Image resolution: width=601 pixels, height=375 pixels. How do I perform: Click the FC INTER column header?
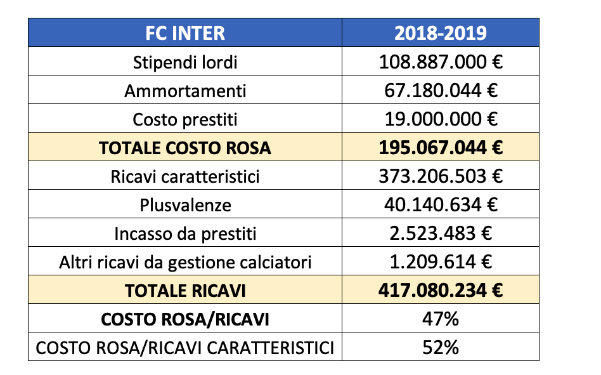tap(185, 32)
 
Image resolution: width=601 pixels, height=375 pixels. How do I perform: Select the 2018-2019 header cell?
tap(441, 32)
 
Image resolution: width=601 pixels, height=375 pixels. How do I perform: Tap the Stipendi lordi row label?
tap(185, 62)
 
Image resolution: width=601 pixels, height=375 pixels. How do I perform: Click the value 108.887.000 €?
tap(441, 62)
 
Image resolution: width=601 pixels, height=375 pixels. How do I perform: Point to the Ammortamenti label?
tap(185, 91)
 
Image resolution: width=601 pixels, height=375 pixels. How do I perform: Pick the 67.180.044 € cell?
tap(441, 91)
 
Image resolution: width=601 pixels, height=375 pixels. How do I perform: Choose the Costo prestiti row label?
tap(185, 119)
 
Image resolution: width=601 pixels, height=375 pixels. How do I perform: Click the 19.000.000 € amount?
tap(441, 119)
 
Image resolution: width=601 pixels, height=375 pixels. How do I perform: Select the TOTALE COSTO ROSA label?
tap(185, 148)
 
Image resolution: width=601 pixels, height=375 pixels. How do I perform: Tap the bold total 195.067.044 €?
tap(441, 148)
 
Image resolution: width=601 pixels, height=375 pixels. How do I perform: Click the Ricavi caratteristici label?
tap(185, 176)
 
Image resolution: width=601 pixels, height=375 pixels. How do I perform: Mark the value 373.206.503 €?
tap(441, 176)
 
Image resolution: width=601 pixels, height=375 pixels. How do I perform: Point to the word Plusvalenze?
tap(185, 205)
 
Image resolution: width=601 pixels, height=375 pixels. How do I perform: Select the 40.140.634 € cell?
tap(441, 205)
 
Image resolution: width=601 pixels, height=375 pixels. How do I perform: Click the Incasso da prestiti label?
tap(185, 234)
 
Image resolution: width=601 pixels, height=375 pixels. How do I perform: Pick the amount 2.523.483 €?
tap(441, 234)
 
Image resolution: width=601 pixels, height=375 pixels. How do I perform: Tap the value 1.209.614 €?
tap(441, 262)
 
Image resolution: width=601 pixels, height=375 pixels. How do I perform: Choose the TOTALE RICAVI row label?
tap(185, 291)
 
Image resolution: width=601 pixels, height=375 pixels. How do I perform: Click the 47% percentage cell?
tap(441, 319)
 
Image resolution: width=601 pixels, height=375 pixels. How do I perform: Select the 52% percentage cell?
tap(441, 348)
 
